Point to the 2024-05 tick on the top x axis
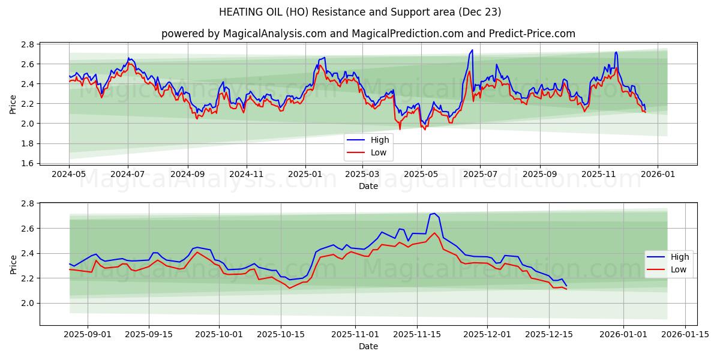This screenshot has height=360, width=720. pyautogui.click(x=69, y=173)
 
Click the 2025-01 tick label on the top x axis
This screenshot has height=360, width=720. pyautogui.click(x=305, y=173)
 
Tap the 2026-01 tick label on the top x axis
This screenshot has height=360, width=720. pyautogui.click(x=658, y=173)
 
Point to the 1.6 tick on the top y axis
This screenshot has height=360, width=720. pyautogui.click(x=28, y=163)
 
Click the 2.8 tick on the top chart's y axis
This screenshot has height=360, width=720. pyautogui.click(x=28, y=44)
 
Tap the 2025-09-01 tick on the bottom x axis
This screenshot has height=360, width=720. pyautogui.click(x=88, y=334)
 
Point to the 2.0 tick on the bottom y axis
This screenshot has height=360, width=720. pyautogui.click(x=28, y=303)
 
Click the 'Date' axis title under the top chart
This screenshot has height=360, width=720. pyautogui.click(x=368, y=186)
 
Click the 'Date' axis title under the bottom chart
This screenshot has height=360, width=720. pyautogui.click(x=368, y=346)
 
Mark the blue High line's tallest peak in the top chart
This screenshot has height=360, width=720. pyautogui.click(x=472, y=50)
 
